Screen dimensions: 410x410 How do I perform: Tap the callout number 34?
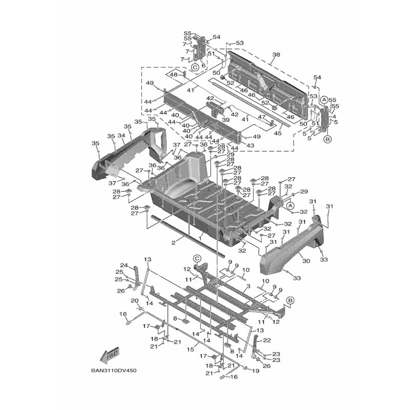click(x=121, y=136)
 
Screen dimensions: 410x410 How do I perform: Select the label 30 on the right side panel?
click(x=306, y=261)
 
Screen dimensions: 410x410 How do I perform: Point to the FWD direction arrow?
click(x=110, y=354)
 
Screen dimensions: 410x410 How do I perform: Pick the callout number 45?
click(x=278, y=133)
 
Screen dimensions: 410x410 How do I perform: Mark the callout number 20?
click(x=135, y=301)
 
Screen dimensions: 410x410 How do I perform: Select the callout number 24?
click(x=124, y=265)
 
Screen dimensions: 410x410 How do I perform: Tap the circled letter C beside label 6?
click(x=195, y=67)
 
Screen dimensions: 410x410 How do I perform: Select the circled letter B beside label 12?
click(x=290, y=300)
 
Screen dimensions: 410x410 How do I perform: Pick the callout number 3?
click(x=248, y=286)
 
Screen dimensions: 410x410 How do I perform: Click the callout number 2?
click(x=174, y=241)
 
